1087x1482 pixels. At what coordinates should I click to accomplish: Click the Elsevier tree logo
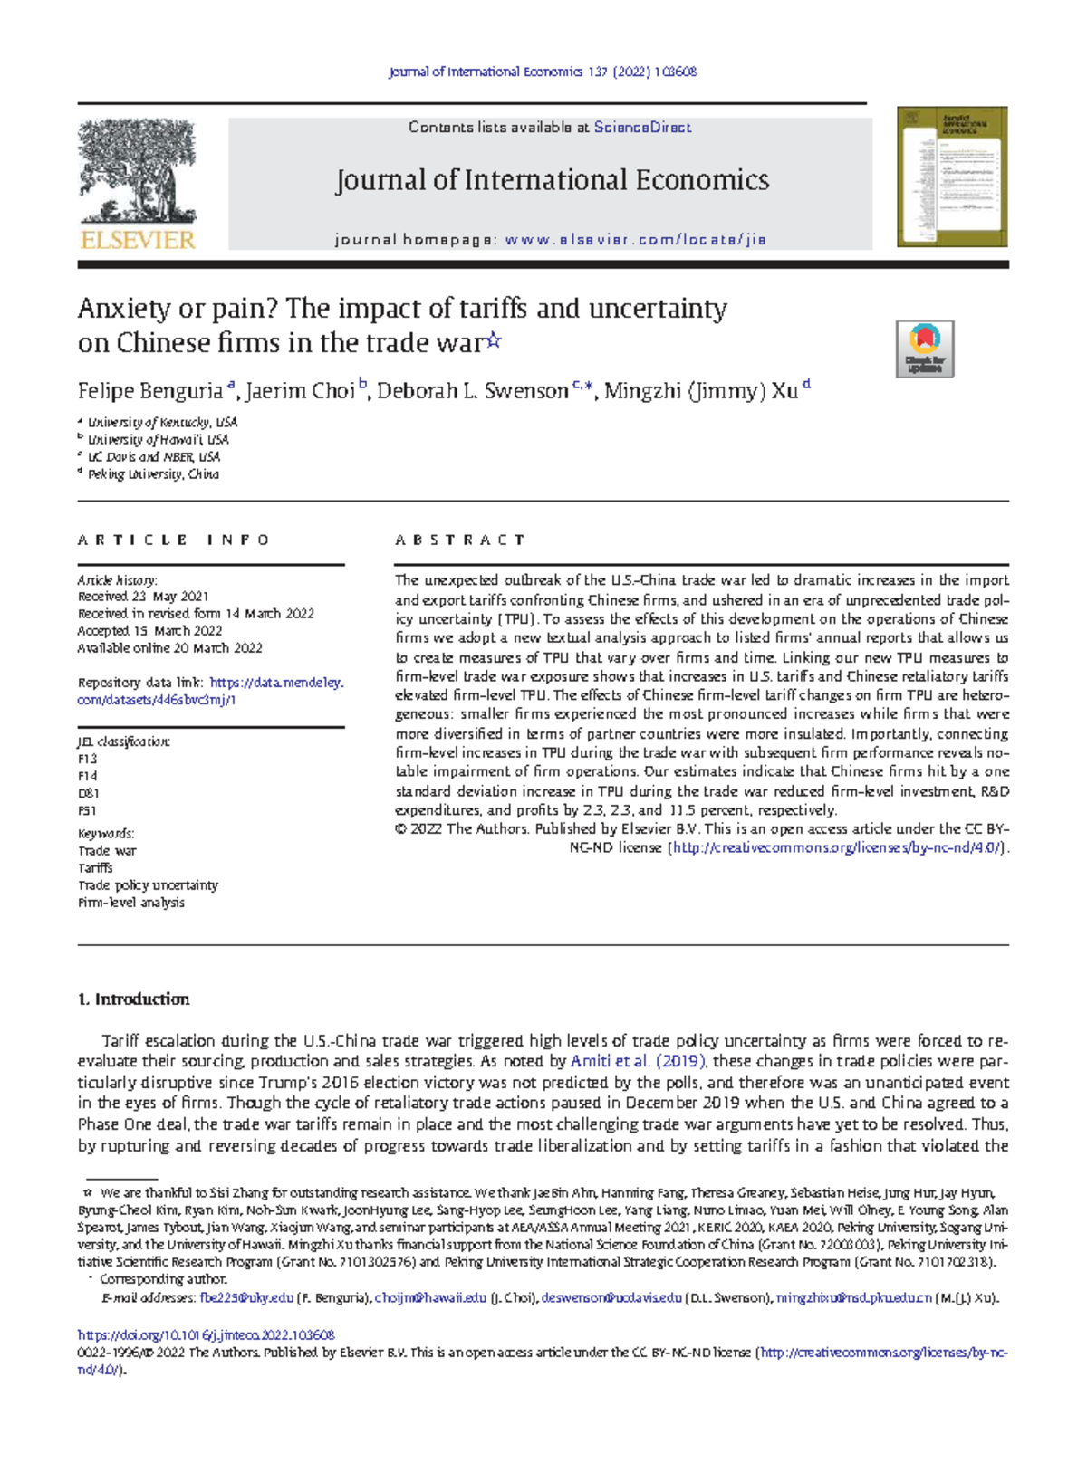click(137, 172)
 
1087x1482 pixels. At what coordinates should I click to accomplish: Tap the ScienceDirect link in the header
click(642, 128)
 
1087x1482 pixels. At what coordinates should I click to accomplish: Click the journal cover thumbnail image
click(952, 177)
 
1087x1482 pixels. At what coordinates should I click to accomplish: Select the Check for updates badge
click(924, 349)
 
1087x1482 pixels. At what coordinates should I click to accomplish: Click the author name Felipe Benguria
click(150, 391)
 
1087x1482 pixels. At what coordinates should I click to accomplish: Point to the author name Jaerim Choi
click(300, 391)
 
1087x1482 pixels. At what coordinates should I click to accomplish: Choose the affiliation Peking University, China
click(153, 474)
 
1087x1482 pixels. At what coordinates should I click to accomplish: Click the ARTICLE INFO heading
click(174, 540)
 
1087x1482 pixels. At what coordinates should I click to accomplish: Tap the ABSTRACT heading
click(459, 540)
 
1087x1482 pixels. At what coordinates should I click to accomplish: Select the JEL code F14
click(88, 777)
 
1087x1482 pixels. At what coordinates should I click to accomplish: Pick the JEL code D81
click(89, 794)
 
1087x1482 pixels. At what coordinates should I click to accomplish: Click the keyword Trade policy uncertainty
click(148, 885)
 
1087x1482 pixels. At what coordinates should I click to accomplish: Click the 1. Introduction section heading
click(133, 999)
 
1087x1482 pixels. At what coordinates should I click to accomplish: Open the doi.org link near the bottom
click(207, 1334)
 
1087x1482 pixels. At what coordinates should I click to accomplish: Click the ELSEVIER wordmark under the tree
click(138, 240)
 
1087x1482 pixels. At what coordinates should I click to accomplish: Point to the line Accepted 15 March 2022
click(149, 631)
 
